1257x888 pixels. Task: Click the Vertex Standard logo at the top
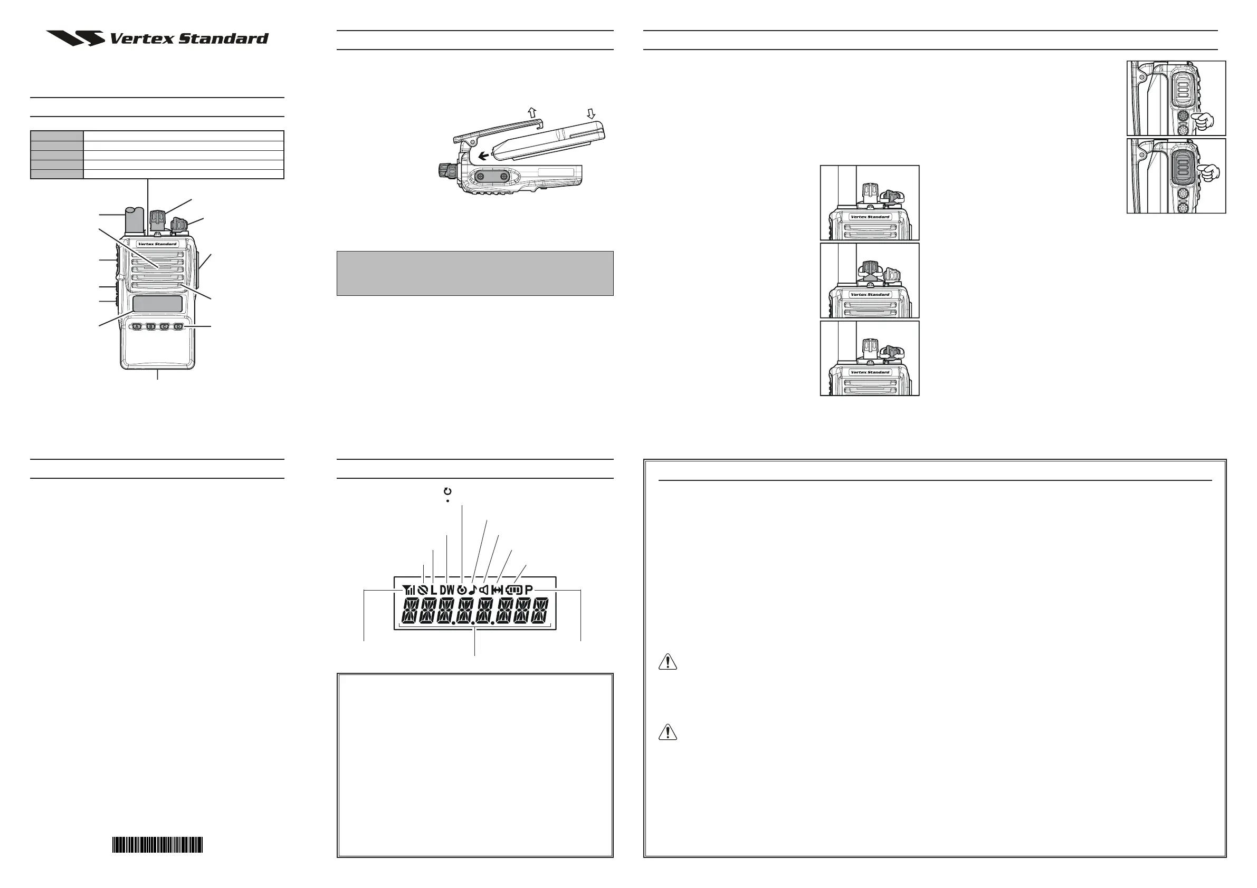pyautogui.click(x=158, y=38)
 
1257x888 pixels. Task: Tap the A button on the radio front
pyautogui.click(x=137, y=326)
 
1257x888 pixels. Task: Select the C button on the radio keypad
pyautogui.click(x=164, y=326)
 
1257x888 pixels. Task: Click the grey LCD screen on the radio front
pyautogui.click(x=158, y=304)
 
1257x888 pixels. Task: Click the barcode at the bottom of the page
pyautogui.click(x=158, y=845)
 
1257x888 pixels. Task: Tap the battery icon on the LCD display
pyautogui.click(x=515, y=590)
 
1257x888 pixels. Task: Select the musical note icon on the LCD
pyautogui.click(x=472, y=590)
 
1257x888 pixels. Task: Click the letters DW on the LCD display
pyautogui.click(x=447, y=590)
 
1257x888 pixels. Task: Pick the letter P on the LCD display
pyautogui.click(x=528, y=590)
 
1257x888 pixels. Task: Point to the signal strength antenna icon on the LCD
pyautogui.click(x=408, y=590)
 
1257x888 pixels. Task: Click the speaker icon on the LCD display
pyautogui.click(x=483, y=590)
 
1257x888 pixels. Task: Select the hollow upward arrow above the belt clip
pyautogui.click(x=531, y=112)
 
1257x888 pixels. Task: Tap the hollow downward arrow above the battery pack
pyautogui.click(x=591, y=113)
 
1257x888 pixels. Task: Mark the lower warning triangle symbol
pyautogui.click(x=668, y=732)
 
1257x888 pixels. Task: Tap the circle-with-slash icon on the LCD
pyautogui.click(x=422, y=590)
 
